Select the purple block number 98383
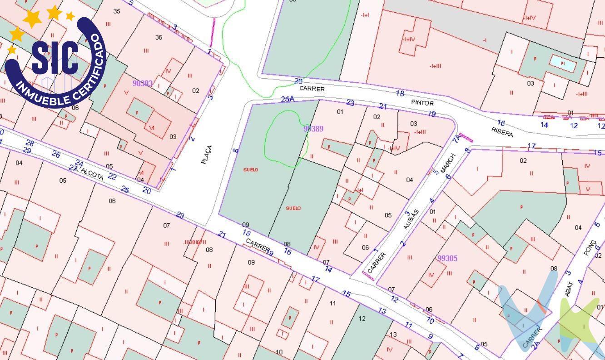(x=143, y=84)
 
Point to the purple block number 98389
(x=313, y=129)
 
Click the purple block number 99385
(x=447, y=258)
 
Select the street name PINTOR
(x=422, y=103)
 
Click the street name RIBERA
(x=502, y=132)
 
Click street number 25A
(x=288, y=99)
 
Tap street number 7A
(x=456, y=139)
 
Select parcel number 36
(x=159, y=37)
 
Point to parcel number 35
(x=117, y=11)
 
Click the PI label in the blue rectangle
(x=562, y=63)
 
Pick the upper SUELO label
(x=251, y=170)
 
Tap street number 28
(x=30, y=143)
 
